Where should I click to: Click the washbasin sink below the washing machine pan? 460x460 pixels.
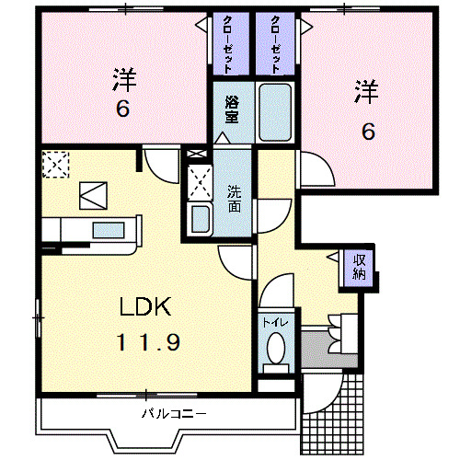pos(200,219)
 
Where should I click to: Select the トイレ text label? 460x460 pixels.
pos(273,323)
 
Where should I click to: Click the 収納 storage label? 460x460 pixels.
pos(359,266)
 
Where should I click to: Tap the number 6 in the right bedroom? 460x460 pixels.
pos(367,131)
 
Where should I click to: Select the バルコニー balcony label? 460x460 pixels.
pos(174,412)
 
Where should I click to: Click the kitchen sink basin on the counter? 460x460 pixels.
pos(109,230)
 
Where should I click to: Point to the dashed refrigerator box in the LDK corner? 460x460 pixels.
pos(55,165)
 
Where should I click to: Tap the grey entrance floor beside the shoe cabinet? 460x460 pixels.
pos(315,348)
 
